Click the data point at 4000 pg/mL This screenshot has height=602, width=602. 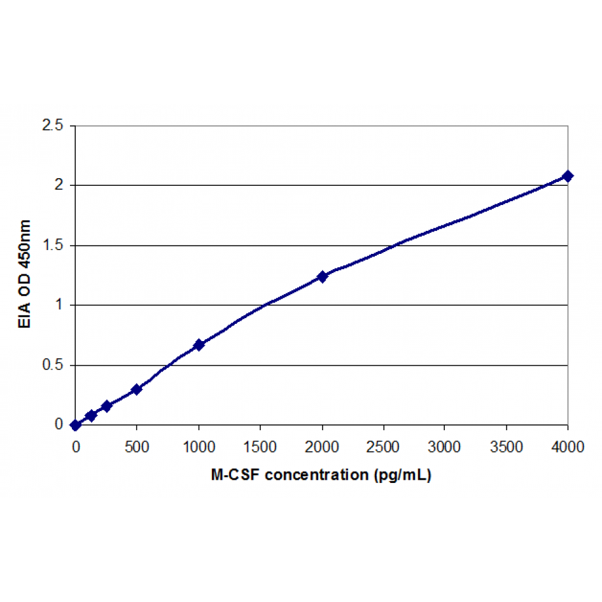pyautogui.click(x=568, y=176)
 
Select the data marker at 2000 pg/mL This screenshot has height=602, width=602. pyautogui.click(x=322, y=276)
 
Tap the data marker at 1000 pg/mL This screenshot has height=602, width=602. pyautogui.click(x=199, y=344)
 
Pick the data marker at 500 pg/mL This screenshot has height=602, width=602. pyautogui.click(x=136, y=389)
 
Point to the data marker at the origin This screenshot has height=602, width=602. pyautogui.click(x=76, y=425)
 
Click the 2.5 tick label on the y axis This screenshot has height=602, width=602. pyautogui.click(x=53, y=125)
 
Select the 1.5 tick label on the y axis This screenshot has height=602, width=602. pyautogui.click(x=53, y=246)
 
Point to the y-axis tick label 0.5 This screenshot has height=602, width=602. pyautogui.click(x=53, y=365)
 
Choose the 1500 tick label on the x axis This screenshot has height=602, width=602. pyautogui.click(x=260, y=447)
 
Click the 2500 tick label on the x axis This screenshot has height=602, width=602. pyautogui.click(x=384, y=447)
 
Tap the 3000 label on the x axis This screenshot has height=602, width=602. pyautogui.click(x=445, y=447)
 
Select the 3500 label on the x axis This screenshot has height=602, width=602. pyautogui.click(x=507, y=447)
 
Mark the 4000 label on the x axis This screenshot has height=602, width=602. pyautogui.click(x=568, y=447)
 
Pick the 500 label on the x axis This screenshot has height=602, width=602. pyautogui.click(x=137, y=447)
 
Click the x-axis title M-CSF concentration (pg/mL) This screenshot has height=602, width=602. pyautogui.click(x=321, y=475)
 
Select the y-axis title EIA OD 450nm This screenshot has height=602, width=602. pyautogui.click(x=24, y=275)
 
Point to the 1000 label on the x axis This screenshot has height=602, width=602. pyautogui.click(x=199, y=447)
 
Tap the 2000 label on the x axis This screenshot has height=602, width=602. pyautogui.click(x=322, y=447)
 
